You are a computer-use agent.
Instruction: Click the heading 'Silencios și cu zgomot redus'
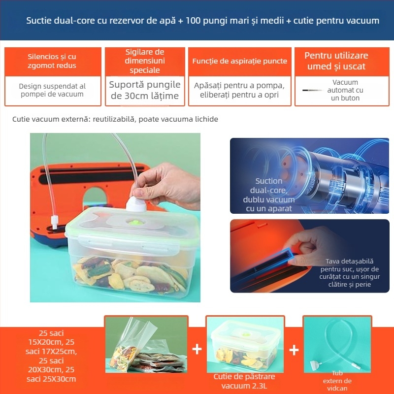pos(52,61)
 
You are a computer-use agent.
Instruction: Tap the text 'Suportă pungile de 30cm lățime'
pos(145,90)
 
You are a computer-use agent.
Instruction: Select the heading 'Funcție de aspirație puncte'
pos(240,61)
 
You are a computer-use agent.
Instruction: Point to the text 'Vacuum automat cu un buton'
pos(345,90)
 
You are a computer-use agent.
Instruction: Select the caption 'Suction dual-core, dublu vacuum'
pos(269,195)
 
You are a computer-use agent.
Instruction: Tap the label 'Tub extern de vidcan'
pos(337,381)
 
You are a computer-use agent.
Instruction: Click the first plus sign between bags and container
pos(197,350)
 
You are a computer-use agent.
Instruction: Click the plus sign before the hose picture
pos(294,350)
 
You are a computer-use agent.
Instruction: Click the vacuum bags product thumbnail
pos(146,345)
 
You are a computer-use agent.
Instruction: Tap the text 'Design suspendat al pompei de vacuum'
pos(52,90)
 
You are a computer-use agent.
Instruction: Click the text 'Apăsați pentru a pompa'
pos(240,85)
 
